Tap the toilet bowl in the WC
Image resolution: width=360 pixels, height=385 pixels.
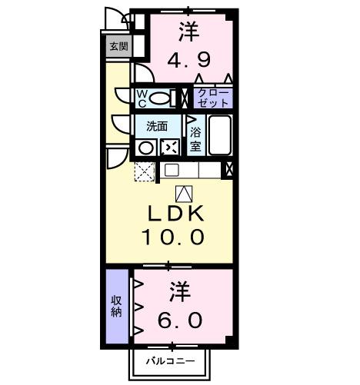[160, 98]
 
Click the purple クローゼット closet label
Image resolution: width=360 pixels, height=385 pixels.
[213, 98]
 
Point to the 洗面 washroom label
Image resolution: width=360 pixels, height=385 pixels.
[157, 126]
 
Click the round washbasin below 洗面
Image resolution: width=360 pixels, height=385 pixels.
[145, 147]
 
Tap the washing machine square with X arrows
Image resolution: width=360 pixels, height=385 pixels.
[170, 147]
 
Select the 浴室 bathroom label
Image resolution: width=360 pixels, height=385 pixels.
[195, 137]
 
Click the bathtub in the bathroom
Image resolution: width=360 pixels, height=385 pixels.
[220, 136]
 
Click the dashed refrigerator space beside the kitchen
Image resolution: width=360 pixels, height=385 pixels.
[145, 171]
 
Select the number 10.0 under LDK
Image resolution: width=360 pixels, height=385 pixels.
[172, 237]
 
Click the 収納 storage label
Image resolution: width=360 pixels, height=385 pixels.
[116, 306]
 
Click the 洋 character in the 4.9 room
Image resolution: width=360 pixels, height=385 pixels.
[190, 31]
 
